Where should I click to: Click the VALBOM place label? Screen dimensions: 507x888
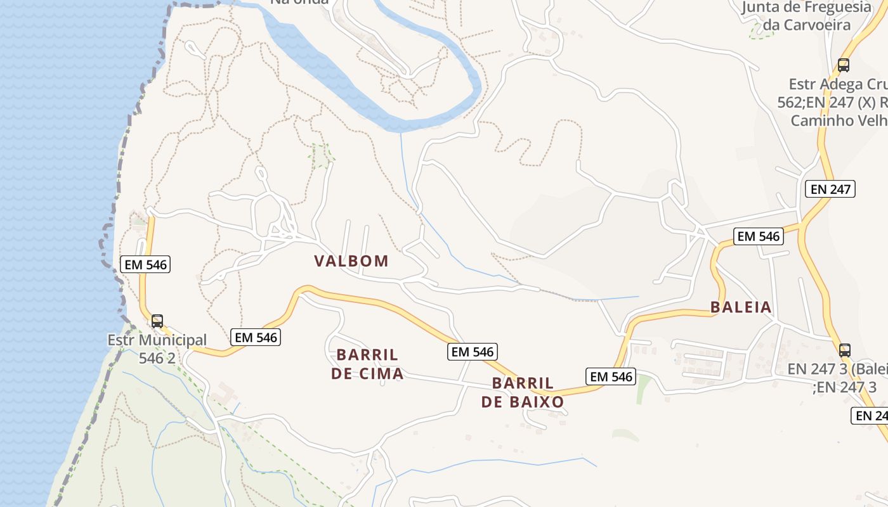(x=351, y=261)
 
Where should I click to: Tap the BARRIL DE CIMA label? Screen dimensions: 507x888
(x=367, y=364)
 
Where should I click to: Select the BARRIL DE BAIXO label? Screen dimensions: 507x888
(x=523, y=392)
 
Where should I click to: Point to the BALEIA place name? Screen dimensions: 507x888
(x=741, y=307)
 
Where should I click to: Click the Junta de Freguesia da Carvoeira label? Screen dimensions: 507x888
(x=806, y=16)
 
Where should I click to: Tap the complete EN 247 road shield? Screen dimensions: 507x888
(x=830, y=188)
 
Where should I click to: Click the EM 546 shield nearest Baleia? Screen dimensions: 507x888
(x=759, y=236)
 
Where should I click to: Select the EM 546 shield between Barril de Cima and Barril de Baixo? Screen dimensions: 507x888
(x=473, y=352)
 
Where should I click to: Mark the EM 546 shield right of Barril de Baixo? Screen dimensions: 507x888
(x=611, y=376)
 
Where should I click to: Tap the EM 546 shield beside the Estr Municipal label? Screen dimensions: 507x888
(x=256, y=337)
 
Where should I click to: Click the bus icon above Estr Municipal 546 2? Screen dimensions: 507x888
(x=157, y=321)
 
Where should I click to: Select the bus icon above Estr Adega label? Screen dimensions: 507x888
(x=844, y=65)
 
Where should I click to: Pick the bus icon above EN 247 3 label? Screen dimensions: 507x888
(x=844, y=350)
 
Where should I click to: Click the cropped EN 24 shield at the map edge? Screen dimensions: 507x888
(x=870, y=416)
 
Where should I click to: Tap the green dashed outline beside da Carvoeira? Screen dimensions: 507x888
(x=760, y=33)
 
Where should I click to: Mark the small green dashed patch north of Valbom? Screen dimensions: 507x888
(x=322, y=155)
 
